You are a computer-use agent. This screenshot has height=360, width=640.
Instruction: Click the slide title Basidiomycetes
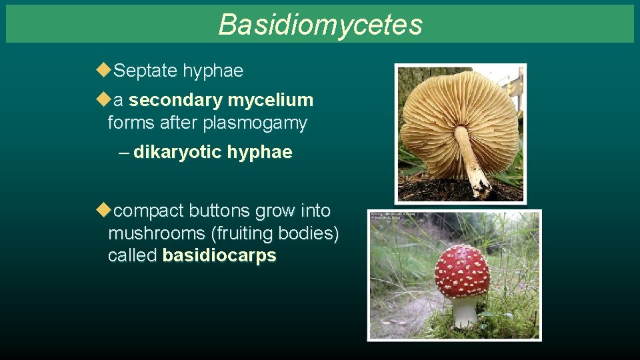tap(320, 25)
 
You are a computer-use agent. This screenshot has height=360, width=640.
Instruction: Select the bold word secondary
tap(175, 101)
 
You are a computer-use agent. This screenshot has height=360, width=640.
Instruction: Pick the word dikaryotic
tap(177, 153)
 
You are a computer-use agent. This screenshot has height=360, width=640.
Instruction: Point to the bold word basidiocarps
tap(219, 256)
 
